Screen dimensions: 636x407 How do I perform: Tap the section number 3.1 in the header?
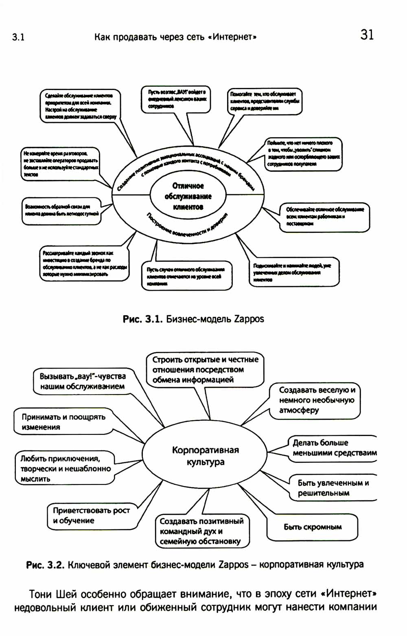point(18,37)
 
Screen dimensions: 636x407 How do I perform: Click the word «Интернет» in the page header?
point(234,37)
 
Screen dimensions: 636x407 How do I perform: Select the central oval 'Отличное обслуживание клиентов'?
point(188,196)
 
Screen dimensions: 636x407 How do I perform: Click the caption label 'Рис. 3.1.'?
point(143,319)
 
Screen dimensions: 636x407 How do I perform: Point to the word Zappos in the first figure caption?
point(249,319)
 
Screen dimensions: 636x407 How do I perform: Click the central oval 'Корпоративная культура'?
point(205,456)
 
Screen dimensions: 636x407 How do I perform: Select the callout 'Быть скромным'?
point(312,527)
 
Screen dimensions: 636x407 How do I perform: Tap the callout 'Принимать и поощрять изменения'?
point(63,422)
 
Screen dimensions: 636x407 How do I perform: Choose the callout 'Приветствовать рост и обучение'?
point(91,515)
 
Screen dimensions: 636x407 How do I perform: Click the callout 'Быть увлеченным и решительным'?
point(333,488)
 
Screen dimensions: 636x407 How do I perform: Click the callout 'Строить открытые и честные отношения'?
point(205,370)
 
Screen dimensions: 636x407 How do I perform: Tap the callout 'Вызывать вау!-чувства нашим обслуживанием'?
point(83,382)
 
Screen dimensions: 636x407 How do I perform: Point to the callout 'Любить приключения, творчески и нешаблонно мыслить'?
point(65,468)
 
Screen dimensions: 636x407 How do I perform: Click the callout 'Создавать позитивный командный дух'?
point(201,531)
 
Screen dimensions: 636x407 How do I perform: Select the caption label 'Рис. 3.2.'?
point(45,565)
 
